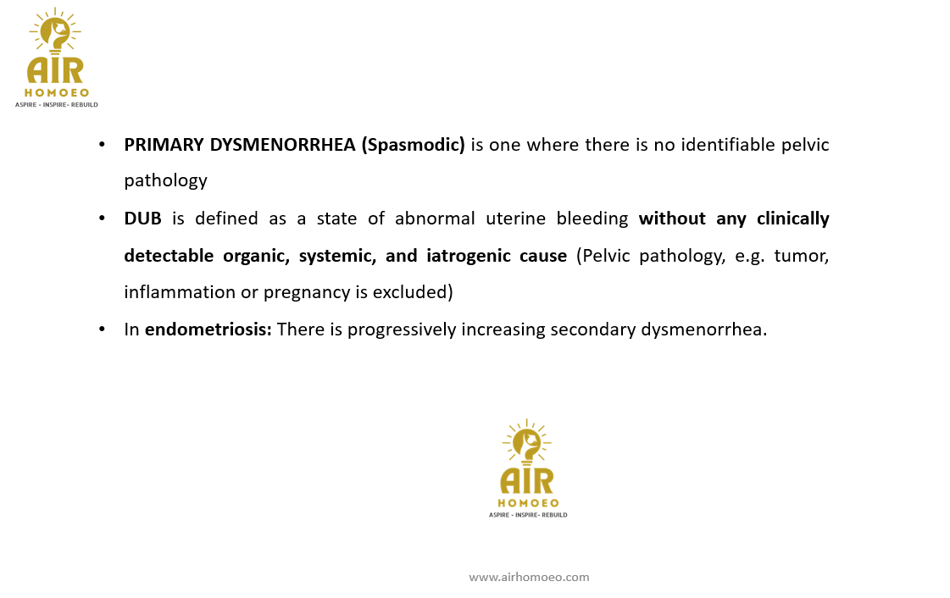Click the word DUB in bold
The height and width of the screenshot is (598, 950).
click(x=142, y=219)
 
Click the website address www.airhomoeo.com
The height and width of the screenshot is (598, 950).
click(x=529, y=577)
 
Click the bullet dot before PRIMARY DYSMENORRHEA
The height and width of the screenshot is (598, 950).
click(x=103, y=145)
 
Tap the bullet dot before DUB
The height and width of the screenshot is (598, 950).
click(x=103, y=219)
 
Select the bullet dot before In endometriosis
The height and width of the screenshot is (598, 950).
click(x=103, y=329)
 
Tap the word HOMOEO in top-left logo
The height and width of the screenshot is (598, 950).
click(x=57, y=92)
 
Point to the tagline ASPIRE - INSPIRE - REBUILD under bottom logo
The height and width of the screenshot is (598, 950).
click(x=527, y=515)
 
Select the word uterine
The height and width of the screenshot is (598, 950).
click(x=517, y=219)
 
